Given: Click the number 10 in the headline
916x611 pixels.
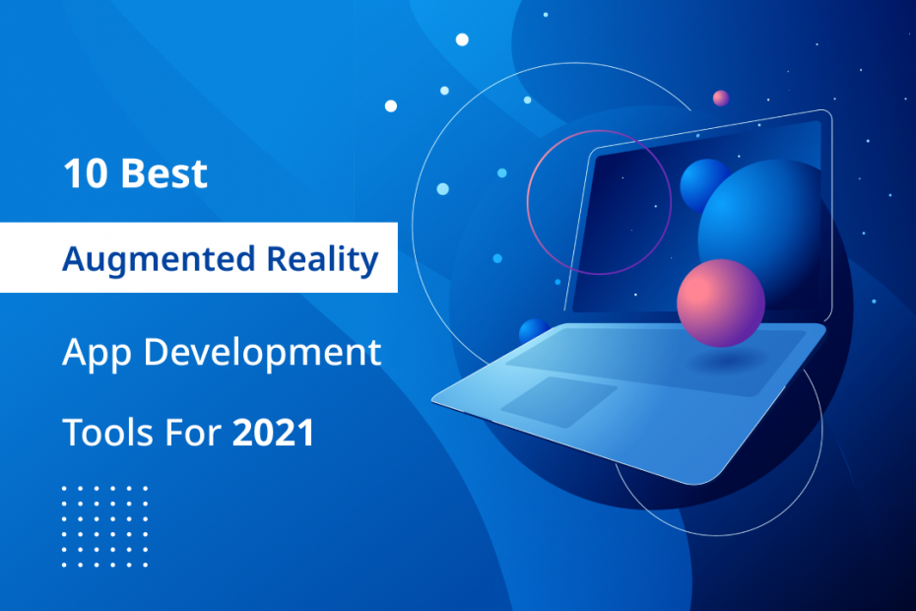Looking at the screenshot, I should click(x=85, y=174).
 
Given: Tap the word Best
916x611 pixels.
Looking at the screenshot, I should click(x=164, y=174).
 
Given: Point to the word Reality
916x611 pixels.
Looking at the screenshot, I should click(x=323, y=258).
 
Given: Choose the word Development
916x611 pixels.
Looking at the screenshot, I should click(x=262, y=351).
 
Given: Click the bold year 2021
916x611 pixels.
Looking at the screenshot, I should click(x=273, y=432).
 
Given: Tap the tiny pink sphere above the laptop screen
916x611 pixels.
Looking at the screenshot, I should click(x=721, y=98).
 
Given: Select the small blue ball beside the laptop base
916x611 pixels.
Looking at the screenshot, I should click(x=533, y=330).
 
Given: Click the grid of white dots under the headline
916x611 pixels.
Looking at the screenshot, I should click(x=104, y=526).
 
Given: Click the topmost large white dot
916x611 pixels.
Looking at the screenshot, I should click(x=462, y=39).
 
